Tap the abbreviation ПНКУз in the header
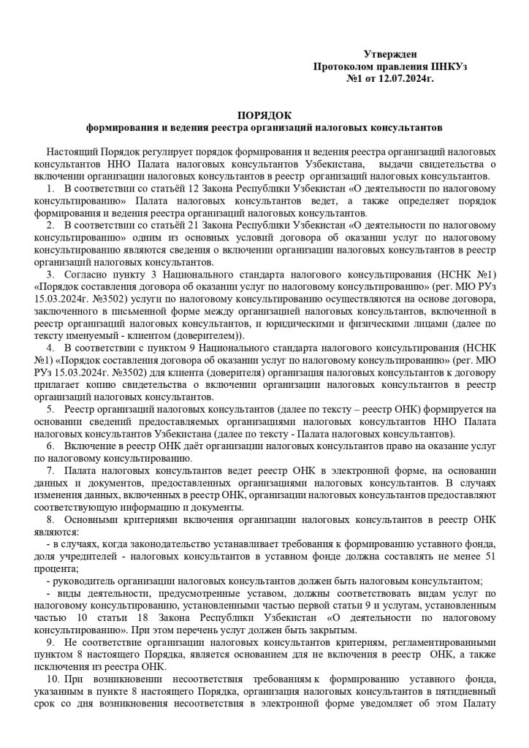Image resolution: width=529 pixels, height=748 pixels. tap(449, 66)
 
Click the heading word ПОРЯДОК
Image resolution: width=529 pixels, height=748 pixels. tap(264, 115)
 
